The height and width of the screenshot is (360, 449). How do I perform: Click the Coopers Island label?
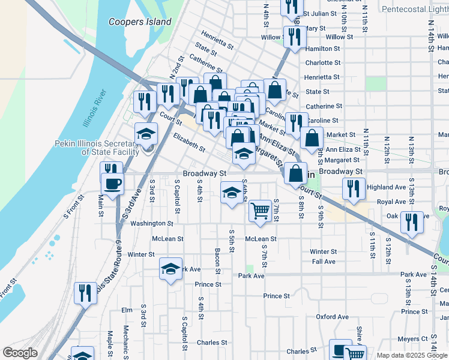140,22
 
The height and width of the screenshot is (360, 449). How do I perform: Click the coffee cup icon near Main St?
113,183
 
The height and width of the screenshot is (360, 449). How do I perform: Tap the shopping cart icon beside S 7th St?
259,211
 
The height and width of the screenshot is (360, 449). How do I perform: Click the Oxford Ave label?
332,317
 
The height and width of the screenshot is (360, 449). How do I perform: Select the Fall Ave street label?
324,262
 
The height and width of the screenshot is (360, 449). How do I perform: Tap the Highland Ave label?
387,187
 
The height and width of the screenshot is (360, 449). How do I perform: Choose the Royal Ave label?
391,202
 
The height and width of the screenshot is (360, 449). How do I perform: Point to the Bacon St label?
217,258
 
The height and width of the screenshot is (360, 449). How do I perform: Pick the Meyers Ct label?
412,339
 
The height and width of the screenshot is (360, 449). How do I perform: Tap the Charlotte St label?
322,62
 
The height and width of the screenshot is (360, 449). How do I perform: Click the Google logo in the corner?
20,352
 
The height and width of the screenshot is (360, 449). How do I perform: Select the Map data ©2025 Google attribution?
411,355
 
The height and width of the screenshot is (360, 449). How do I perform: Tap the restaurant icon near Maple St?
85,293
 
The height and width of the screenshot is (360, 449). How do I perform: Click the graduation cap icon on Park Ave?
171,268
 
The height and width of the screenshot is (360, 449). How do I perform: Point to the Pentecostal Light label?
415,10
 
